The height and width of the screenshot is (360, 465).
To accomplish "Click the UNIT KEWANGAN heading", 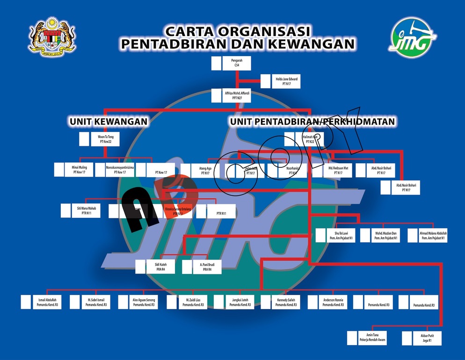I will (109, 122).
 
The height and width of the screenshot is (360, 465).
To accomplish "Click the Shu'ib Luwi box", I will (335, 235).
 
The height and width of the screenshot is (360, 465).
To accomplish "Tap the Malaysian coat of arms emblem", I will (53, 36).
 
